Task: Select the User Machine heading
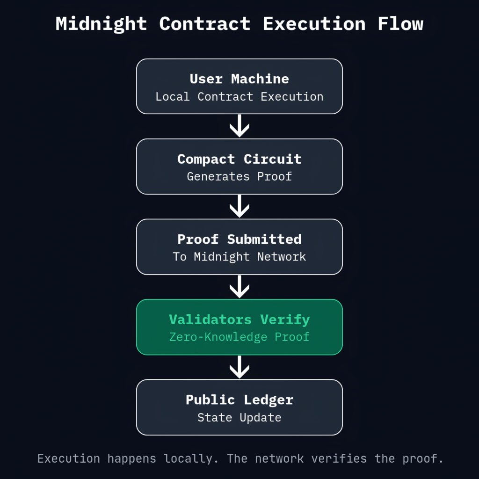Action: tap(239, 79)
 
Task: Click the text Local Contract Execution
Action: tap(239, 97)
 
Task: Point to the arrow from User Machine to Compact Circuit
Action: tap(239, 126)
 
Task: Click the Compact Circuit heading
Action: tap(239, 159)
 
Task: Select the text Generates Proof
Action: tap(239, 177)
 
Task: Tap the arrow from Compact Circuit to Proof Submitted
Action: tap(239, 206)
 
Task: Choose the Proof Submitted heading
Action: tap(239, 239)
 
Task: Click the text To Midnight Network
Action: tap(239, 257)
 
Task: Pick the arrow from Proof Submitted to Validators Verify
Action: tap(239, 286)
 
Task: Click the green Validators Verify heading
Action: tap(239, 319)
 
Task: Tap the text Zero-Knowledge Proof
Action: tap(239, 337)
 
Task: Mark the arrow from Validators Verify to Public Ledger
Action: tap(239, 367)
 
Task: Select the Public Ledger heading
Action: tap(239, 400)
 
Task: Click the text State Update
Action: tap(239, 417)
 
